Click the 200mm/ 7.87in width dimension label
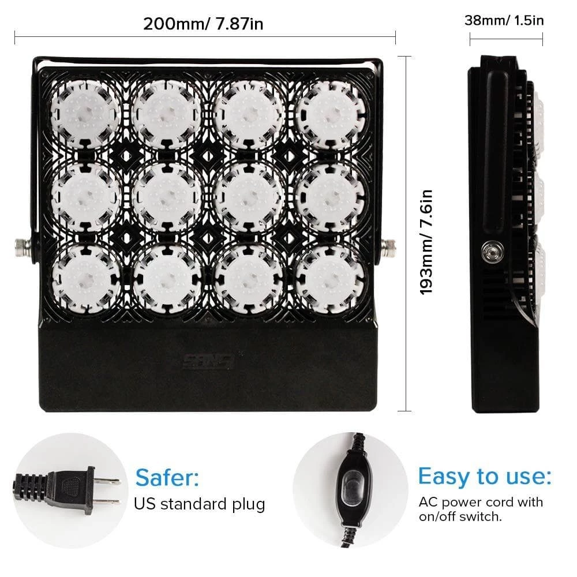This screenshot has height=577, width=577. click(203, 24)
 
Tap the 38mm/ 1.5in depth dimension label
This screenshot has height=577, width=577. click(504, 20)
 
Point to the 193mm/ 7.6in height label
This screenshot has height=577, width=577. click(426, 242)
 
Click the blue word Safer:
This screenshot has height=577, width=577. click(167, 477)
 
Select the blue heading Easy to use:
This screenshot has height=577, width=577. click(485, 476)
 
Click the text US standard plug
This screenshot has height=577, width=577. click(200, 504)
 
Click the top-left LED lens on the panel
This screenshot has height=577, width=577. click(87, 113)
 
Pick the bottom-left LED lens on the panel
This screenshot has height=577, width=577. click(87, 278)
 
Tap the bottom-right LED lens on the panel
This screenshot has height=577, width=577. click(330, 278)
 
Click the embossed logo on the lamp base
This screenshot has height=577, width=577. click(208, 361)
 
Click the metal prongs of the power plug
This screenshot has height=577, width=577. click(107, 491)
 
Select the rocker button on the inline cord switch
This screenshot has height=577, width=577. click(351, 488)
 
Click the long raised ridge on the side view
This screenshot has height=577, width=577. click(495, 151)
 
